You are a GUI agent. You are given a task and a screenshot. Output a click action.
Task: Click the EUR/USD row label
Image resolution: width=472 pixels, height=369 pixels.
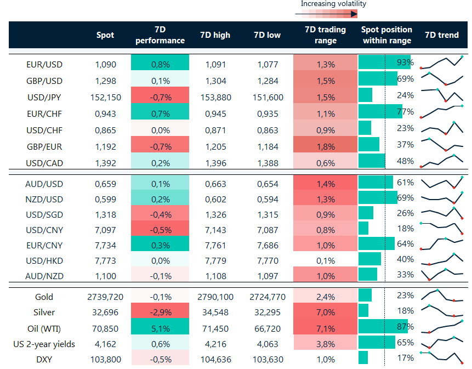click(44, 64)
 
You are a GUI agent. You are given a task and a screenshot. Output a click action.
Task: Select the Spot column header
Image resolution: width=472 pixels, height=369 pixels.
click(105, 35)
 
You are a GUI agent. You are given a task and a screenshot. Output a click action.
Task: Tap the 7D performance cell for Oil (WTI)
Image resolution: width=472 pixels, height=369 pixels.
click(160, 328)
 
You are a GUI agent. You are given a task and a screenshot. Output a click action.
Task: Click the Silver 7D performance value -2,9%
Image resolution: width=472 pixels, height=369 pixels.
click(160, 313)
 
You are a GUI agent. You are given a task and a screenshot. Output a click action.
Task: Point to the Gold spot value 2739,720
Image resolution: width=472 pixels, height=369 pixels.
click(105, 297)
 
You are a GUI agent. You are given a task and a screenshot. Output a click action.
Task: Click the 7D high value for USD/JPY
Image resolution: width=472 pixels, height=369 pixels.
click(215, 97)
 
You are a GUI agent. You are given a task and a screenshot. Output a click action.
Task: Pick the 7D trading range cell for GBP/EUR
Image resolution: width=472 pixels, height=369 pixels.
click(325, 146)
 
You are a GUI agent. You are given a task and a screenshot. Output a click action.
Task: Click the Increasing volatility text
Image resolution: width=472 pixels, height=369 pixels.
click(333, 4)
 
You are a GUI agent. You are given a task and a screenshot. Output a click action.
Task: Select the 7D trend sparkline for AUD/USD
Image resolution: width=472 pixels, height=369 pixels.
click(442, 183)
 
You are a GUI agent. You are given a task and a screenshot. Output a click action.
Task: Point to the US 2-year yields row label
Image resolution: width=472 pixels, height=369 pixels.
click(44, 344)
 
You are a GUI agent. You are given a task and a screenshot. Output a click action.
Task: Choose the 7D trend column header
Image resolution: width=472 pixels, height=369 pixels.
click(442, 35)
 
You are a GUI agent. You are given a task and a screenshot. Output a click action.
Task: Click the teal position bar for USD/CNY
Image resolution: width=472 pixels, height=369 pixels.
click(363, 228)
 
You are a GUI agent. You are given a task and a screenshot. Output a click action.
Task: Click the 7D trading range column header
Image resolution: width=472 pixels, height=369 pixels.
click(325, 35)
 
